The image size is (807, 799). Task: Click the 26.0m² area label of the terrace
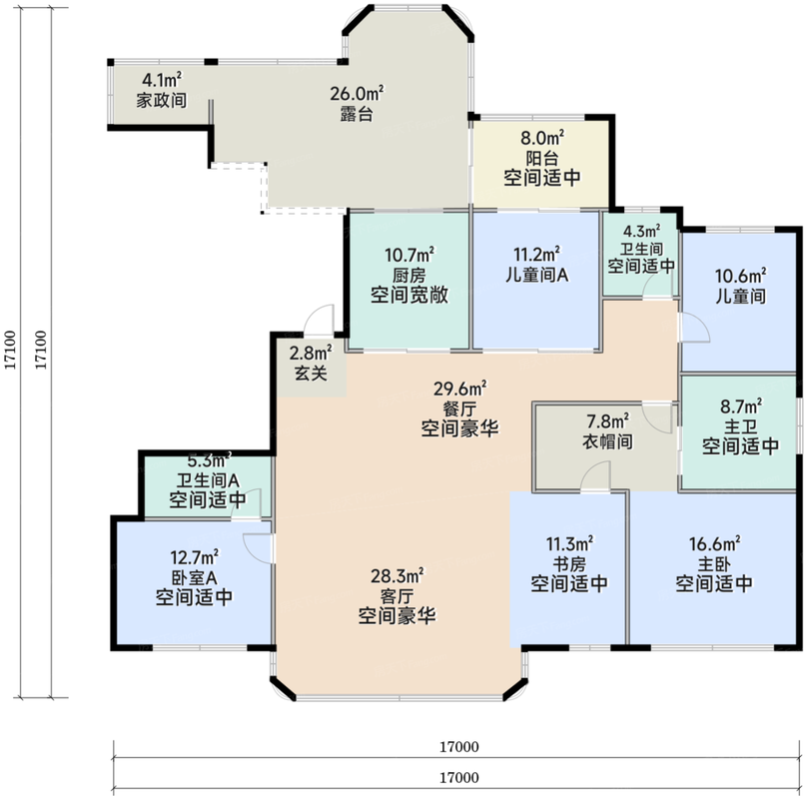pyautogui.click(x=357, y=94)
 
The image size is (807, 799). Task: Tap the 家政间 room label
pyautogui.click(x=161, y=101)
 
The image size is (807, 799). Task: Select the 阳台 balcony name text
pyautogui.click(x=542, y=158)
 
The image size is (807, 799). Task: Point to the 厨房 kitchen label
pyautogui.click(x=409, y=276)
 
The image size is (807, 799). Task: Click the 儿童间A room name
pyautogui.click(x=536, y=275)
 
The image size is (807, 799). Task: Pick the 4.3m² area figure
pyautogui.click(x=641, y=231)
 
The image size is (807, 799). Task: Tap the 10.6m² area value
pyautogui.click(x=740, y=276)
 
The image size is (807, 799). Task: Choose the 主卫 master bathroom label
pyautogui.click(x=740, y=426)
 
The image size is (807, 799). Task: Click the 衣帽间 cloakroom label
pyautogui.click(x=607, y=441)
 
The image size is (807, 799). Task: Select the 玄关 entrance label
pyautogui.click(x=311, y=374)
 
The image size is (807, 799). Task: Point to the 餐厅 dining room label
pyautogui.click(x=459, y=409)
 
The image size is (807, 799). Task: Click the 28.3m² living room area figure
pyautogui.click(x=398, y=575)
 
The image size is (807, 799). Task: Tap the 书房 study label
pyautogui.click(x=569, y=564)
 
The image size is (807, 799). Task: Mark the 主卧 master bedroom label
pyautogui.click(x=714, y=564)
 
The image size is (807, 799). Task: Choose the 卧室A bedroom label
pyautogui.click(x=194, y=577)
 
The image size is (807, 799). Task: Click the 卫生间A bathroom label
pyautogui.click(x=208, y=480)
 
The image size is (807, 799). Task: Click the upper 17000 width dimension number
pyautogui.click(x=459, y=746)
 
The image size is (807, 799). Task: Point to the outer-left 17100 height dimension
pyautogui.click(x=11, y=351)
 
